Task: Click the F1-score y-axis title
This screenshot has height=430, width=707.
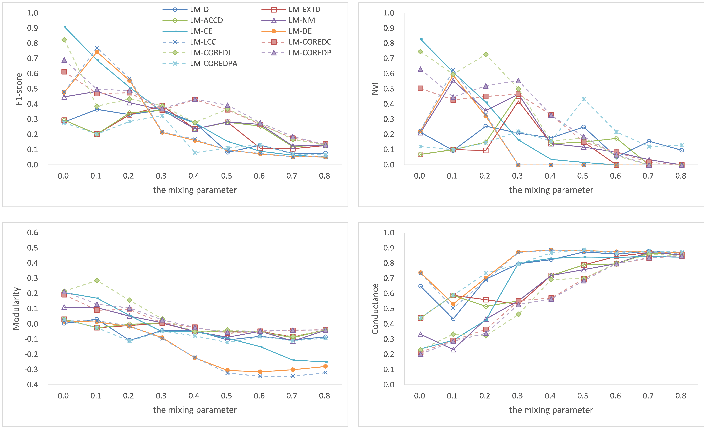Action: pos(19,89)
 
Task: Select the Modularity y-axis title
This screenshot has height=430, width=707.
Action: pos(16,309)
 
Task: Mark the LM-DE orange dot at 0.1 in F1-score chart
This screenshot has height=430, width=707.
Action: pos(97,52)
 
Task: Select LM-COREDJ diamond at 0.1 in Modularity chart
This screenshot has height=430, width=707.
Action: pos(97,280)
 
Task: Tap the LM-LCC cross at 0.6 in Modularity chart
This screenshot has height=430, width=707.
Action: pos(260,376)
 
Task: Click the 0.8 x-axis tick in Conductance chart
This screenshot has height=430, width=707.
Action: pos(681,396)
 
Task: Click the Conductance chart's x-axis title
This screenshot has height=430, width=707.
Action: pos(551,410)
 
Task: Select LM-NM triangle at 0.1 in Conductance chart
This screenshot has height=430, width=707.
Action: pos(453,350)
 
